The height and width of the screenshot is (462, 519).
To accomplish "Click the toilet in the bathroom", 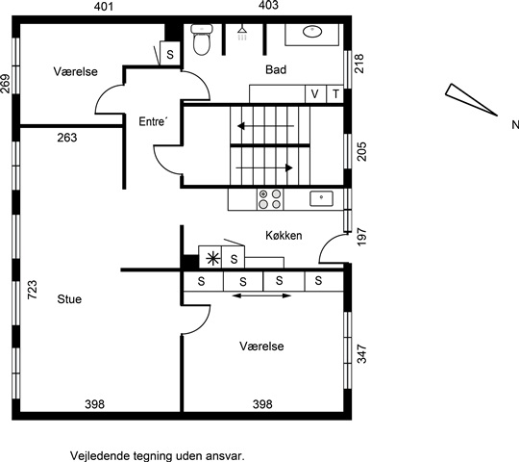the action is [x=202, y=39].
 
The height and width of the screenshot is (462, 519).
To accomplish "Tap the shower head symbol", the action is [x=242, y=33].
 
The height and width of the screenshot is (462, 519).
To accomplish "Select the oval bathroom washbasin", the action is [x=312, y=32].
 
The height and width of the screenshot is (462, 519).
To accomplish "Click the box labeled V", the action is [x=315, y=94].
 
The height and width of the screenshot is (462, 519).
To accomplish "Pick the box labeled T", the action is [x=335, y=94].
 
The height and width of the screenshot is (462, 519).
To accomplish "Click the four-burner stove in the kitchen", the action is [x=270, y=199].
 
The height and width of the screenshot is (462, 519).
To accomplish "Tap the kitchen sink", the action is [x=321, y=198].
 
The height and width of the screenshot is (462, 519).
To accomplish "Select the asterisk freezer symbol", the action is [x=212, y=259].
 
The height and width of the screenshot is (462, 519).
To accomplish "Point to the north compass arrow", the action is [x=471, y=100].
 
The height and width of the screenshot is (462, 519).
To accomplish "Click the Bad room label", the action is [x=276, y=69].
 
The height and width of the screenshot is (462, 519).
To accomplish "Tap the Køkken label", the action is [x=284, y=235].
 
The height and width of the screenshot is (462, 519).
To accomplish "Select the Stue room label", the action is [x=69, y=299].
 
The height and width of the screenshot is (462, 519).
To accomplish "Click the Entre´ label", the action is [x=152, y=121].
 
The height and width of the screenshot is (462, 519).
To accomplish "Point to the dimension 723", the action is [x=32, y=290].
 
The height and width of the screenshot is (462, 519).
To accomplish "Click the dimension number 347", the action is [x=362, y=354].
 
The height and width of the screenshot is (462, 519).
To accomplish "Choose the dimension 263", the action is [x=67, y=138].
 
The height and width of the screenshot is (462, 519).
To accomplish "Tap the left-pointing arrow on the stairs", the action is [x=265, y=126].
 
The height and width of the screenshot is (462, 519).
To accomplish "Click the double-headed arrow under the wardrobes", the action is [x=261, y=295].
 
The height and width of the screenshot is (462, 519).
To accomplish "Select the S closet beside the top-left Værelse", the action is [x=170, y=53].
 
